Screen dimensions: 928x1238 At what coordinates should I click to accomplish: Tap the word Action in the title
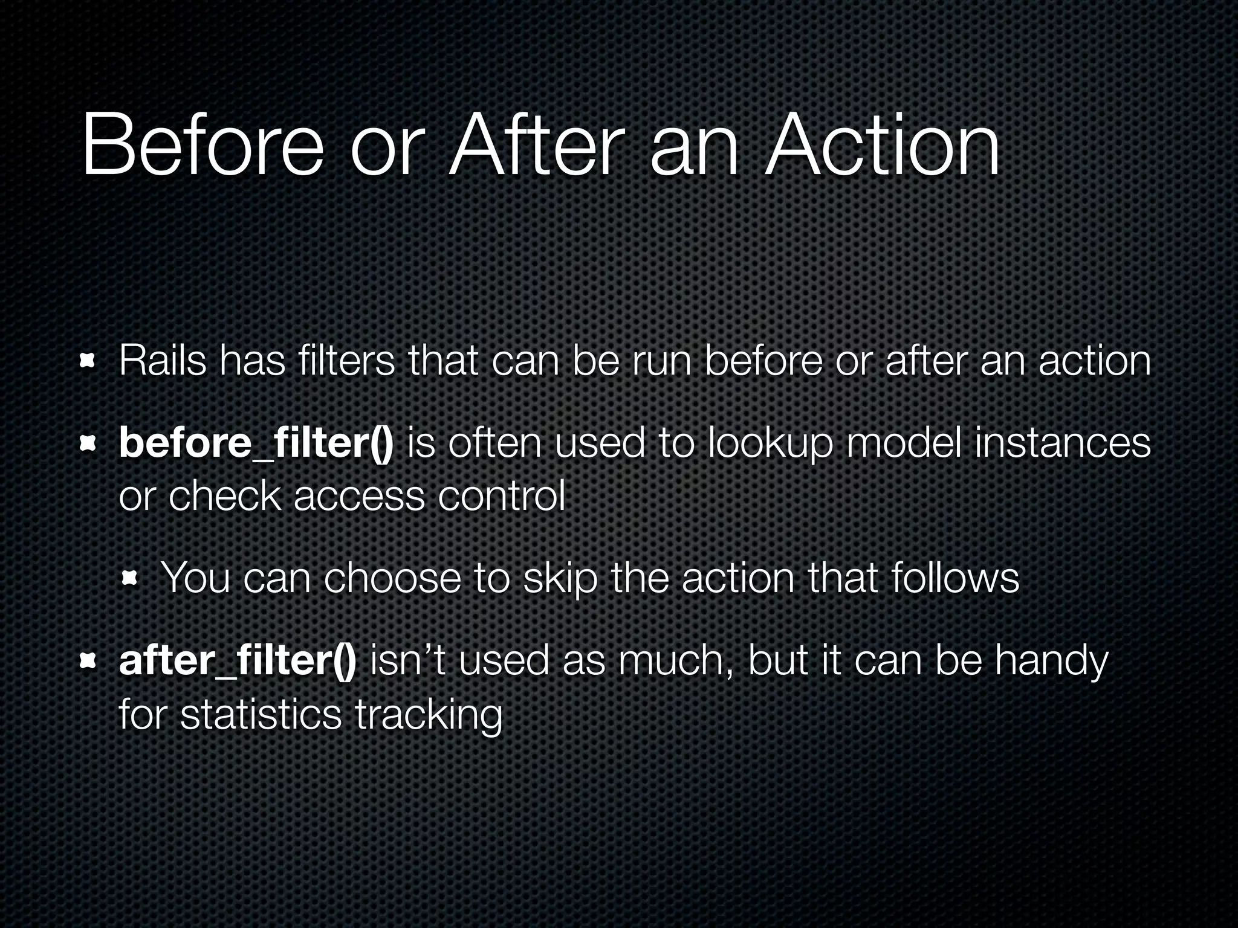point(882,147)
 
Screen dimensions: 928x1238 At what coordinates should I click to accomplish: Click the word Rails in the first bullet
point(163,361)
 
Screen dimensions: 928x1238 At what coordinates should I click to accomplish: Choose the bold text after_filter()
point(238,661)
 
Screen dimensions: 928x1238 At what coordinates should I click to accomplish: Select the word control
point(501,497)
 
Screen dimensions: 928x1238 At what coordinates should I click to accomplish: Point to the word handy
point(1051,661)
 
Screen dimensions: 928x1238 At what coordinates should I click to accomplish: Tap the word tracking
point(429,714)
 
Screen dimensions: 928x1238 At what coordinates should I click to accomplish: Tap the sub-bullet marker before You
point(129,580)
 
